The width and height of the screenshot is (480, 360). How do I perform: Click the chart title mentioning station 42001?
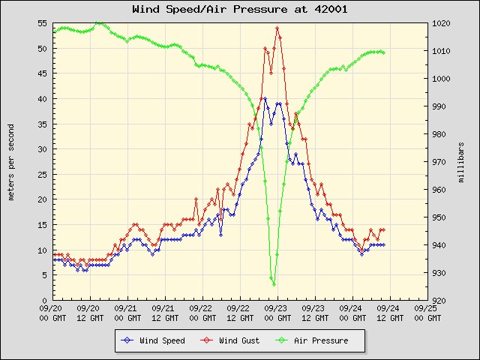239,10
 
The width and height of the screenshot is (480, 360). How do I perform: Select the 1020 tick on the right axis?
442,23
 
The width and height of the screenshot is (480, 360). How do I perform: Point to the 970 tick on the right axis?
441,162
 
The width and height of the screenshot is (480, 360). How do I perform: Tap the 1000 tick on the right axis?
442,79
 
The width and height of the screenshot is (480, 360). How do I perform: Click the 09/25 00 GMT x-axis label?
427,312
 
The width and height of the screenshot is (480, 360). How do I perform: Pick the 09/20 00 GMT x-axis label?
52,312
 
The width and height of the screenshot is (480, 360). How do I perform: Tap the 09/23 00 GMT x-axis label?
277,312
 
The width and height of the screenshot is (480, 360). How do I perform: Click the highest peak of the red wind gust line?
277,28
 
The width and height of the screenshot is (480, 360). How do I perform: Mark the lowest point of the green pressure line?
274,284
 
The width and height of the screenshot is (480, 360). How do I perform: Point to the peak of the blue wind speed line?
264,98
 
